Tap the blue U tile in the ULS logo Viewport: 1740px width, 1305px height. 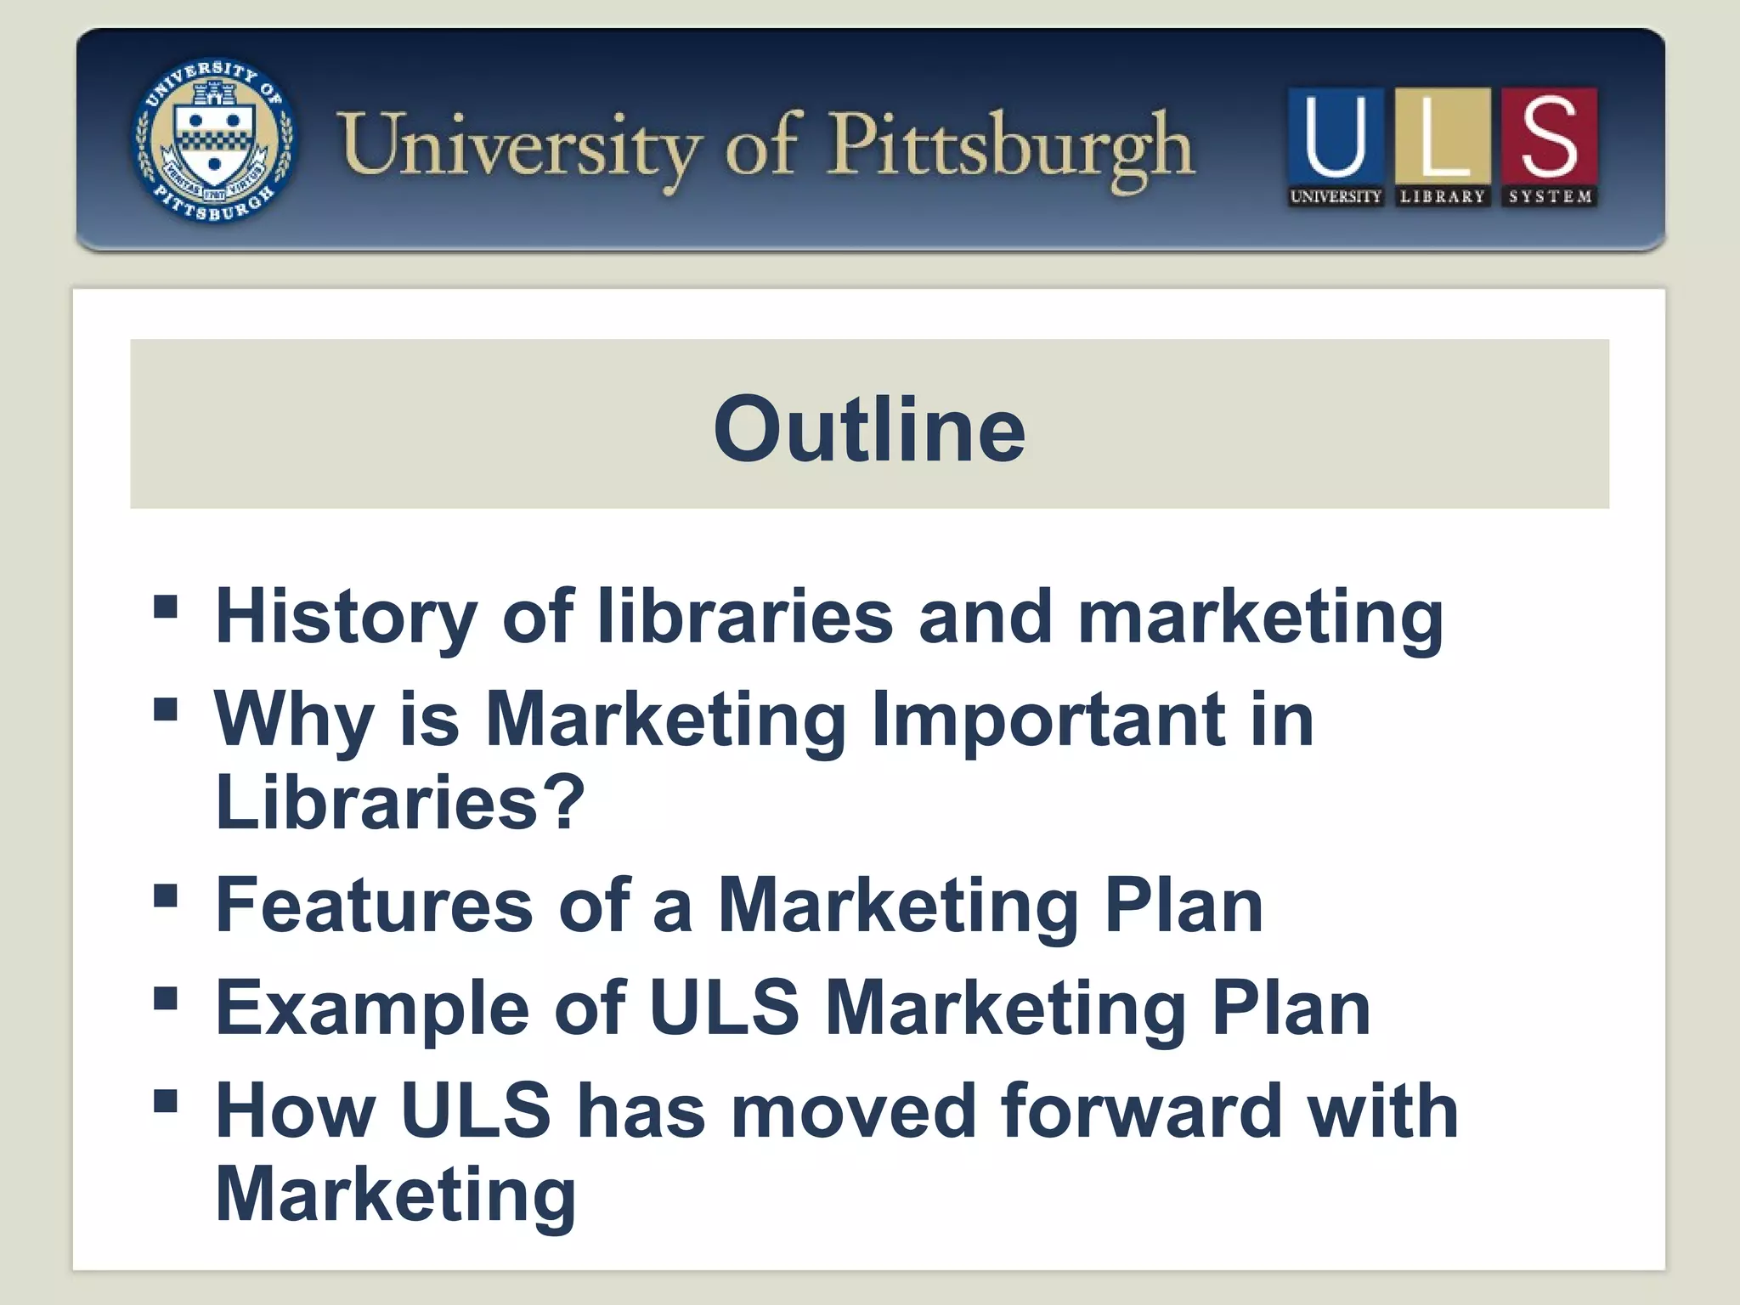1335,136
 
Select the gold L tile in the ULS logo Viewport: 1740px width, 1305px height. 1442,136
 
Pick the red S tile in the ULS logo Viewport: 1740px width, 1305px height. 1549,136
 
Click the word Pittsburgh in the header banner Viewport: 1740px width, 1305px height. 1011,149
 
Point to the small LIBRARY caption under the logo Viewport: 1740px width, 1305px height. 1442,196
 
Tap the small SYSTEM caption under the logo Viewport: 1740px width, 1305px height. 1550,196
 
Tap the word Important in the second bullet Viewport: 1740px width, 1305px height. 1049,720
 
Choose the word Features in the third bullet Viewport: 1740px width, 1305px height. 375,906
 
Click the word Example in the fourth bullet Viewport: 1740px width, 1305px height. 372,1010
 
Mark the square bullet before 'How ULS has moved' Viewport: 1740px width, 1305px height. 166,1102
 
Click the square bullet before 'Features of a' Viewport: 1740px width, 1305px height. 166,896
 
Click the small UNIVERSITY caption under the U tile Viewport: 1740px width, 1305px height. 1335,196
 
